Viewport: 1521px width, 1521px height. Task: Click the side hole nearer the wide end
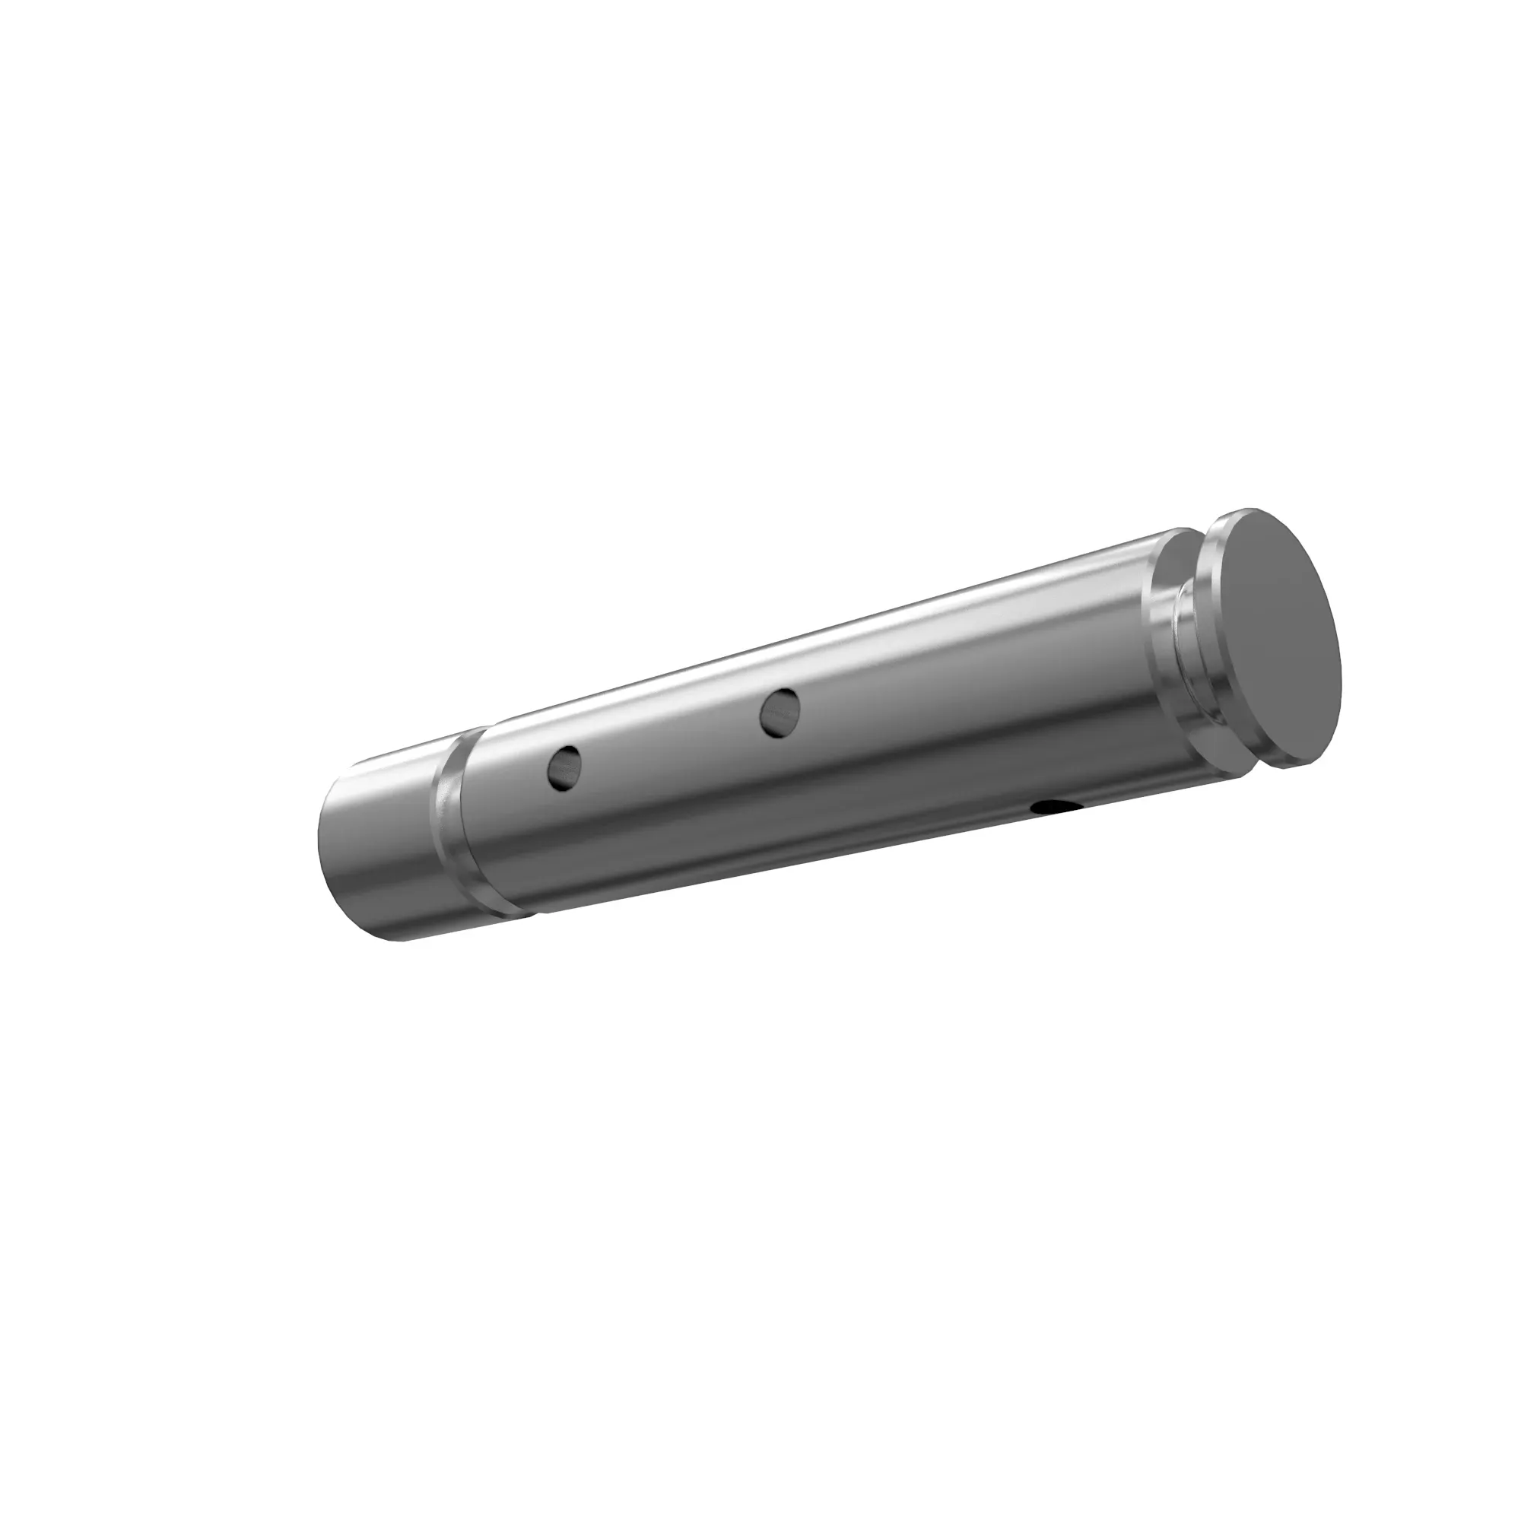pyautogui.click(x=780, y=713)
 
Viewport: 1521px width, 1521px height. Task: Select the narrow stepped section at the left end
pyautogui.click(x=378, y=850)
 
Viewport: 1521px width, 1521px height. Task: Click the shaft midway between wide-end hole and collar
pyautogui.click(x=968, y=662)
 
